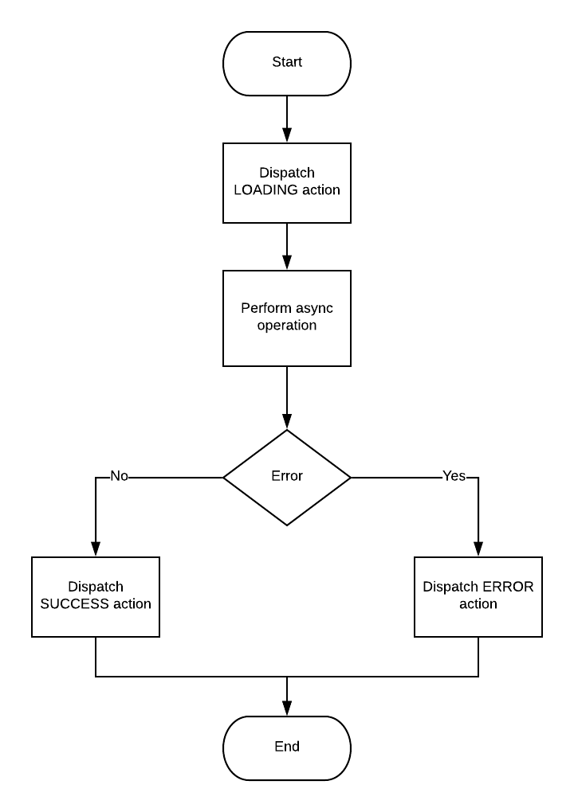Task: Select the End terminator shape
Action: tap(287, 748)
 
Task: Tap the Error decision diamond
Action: tap(287, 477)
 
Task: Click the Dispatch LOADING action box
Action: tap(287, 182)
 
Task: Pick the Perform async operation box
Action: tap(287, 318)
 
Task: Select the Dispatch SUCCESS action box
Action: tap(96, 596)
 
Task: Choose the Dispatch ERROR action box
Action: tap(478, 596)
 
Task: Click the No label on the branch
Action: tap(119, 476)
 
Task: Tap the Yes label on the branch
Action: tap(454, 476)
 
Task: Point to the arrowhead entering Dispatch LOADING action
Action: tap(287, 135)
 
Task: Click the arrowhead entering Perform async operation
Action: tap(287, 263)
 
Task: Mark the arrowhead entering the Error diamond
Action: tap(287, 422)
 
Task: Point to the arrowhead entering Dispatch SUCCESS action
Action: tap(96, 549)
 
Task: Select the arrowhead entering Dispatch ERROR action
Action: tap(478, 549)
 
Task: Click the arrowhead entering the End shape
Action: tap(287, 709)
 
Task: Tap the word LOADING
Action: tap(266, 190)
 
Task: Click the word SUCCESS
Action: tap(74, 604)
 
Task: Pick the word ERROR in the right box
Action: tap(507, 588)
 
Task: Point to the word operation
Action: tap(287, 326)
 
